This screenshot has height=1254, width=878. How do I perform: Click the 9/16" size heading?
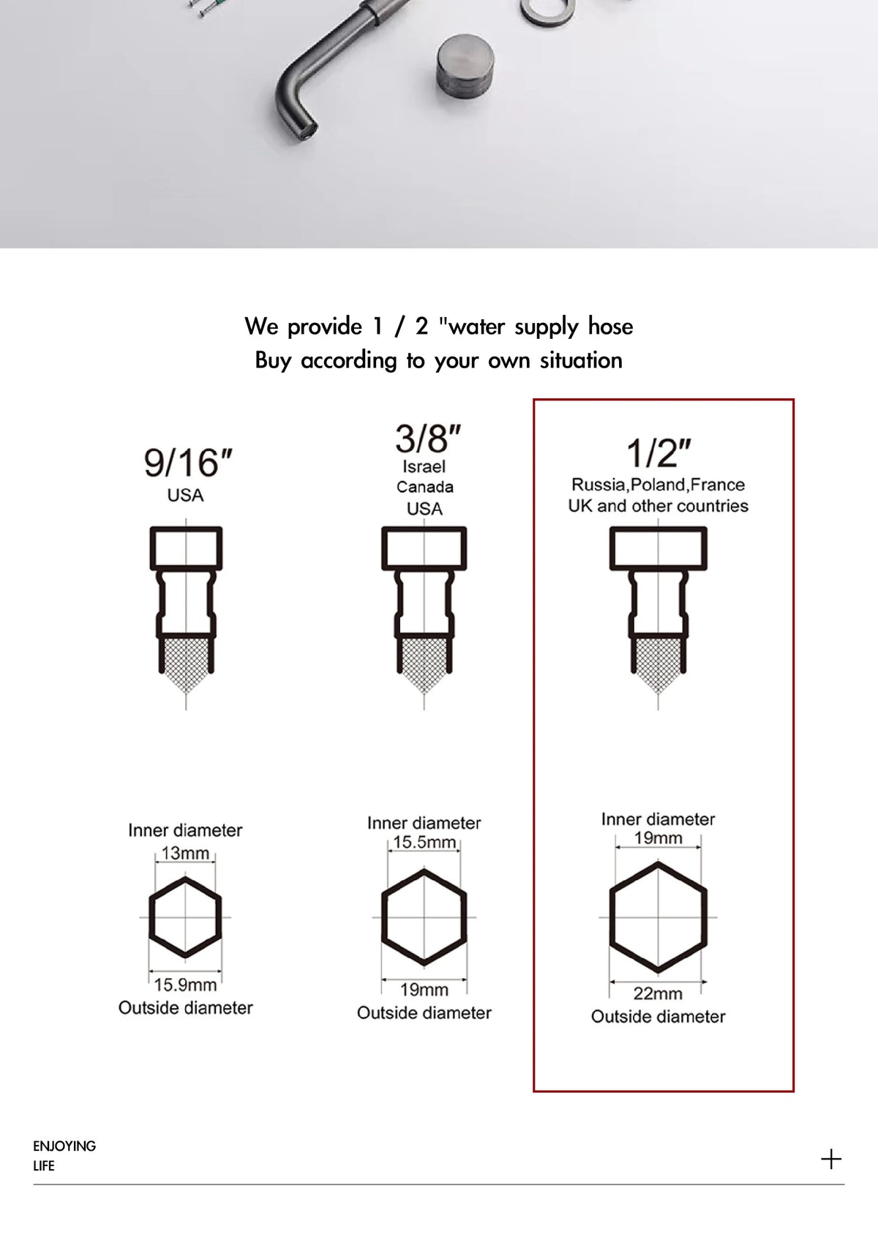tap(187, 463)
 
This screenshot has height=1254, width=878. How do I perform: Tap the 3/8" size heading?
tap(427, 438)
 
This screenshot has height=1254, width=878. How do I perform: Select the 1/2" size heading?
tap(658, 453)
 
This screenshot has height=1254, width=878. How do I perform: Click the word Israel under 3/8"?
tap(424, 466)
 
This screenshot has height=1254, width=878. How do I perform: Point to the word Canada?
tap(424, 487)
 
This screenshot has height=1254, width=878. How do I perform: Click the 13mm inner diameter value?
tap(185, 853)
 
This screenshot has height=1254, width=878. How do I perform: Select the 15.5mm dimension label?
tap(424, 842)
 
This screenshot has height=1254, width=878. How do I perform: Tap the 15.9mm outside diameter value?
tap(185, 985)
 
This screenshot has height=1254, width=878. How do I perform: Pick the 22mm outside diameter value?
tap(658, 993)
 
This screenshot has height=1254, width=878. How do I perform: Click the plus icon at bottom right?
tap(831, 1159)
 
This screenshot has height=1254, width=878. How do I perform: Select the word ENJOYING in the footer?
tap(64, 1146)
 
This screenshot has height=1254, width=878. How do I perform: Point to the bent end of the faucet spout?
tap(299, 120)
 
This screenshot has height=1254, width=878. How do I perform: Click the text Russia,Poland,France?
tap(658, 485)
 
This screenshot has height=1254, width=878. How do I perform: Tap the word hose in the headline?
tap(610, 326)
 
